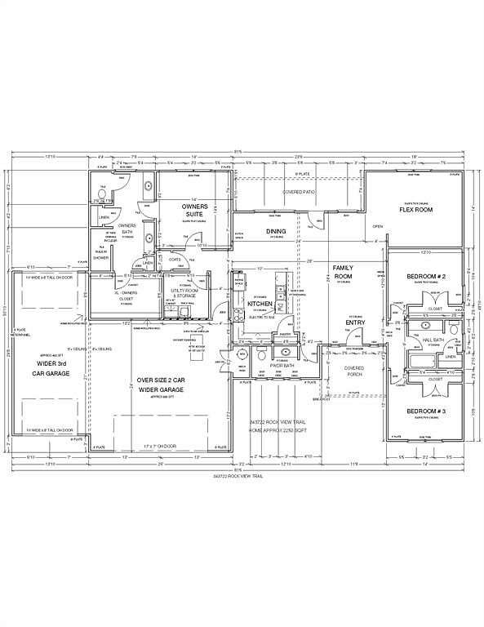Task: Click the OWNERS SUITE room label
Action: [194, 211]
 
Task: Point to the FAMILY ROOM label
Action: [342, 272]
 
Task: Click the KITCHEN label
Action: [259, 303]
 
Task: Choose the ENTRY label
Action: [354, 323]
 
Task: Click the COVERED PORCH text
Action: [353, 371]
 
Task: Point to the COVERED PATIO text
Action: [300, 192]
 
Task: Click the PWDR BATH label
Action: [282, 365]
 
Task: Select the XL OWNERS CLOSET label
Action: [126, 295]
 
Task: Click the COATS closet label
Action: [175, 260]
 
